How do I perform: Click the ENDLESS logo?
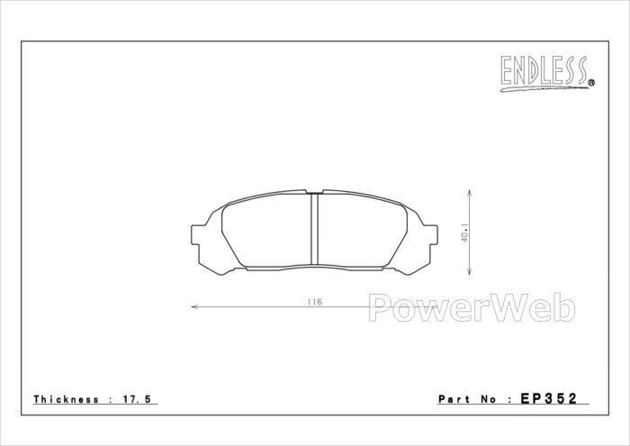coord(547,73)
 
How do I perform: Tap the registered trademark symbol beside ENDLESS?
coord(591,83)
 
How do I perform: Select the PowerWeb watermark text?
coord(472,307)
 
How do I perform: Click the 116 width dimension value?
coord(315,302)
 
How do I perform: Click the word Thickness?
coord(67,399)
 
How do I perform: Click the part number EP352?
coord(549,398)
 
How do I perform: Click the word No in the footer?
coord(488,399)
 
